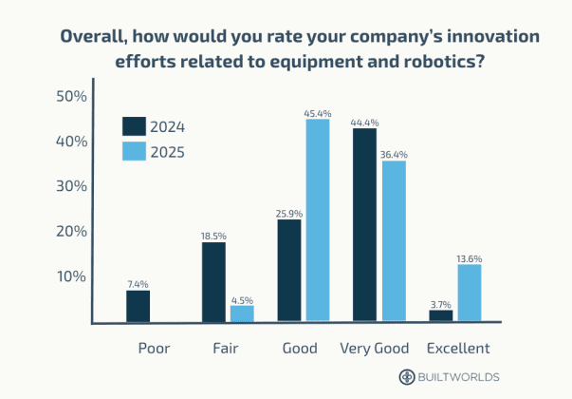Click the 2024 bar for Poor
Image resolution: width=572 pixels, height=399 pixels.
click(138, 306)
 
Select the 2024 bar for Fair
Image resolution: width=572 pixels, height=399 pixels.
click(213, 282)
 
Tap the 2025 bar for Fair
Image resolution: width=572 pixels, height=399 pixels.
click(242, 313)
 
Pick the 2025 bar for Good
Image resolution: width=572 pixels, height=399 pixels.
click(318, 220)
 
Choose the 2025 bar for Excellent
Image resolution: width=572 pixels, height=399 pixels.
click(469, 294)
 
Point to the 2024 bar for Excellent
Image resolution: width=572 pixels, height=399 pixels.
click(441, 315)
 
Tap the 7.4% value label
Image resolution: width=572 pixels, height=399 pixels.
click(138, 283)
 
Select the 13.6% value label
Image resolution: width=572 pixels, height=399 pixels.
click(469, 257)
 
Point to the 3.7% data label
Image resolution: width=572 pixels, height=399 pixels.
click(441, 303)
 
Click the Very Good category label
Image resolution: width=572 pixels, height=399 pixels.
click(374, 349)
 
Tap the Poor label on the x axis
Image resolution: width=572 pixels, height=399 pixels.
click(154, 349)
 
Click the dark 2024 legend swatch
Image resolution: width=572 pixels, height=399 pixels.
click(134, 126)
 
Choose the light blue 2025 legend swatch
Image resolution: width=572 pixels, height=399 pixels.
click(134, 151)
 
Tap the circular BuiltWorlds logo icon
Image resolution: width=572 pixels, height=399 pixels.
click(406, 376)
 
